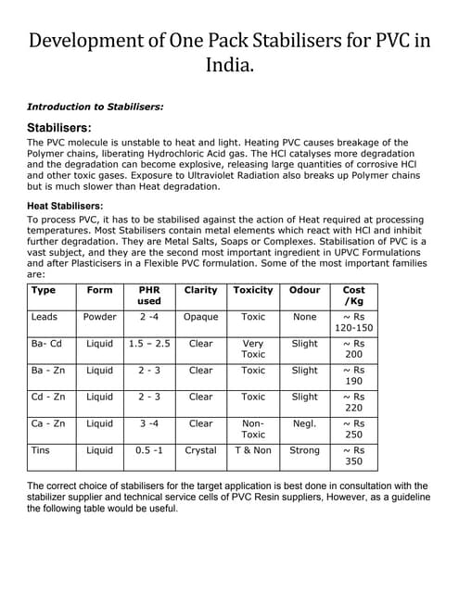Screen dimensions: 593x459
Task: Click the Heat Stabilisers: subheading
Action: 65,206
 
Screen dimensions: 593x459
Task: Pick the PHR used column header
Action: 148,296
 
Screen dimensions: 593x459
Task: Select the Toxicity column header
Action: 253,290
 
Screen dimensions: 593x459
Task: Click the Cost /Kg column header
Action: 353,296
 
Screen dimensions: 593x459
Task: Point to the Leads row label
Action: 45,317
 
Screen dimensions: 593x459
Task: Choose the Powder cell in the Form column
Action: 100,317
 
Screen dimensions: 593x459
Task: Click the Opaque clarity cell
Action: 201,317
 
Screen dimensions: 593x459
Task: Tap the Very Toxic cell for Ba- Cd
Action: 253,348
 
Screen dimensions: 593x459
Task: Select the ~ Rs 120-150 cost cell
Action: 353,322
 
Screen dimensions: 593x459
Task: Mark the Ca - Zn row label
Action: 48,423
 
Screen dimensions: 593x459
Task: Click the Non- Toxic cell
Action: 253,428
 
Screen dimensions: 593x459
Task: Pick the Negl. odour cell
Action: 304,423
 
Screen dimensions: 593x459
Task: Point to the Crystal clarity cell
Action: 201,450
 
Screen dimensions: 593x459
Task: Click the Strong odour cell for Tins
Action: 304,450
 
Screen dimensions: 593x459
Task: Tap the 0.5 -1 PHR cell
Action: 148,450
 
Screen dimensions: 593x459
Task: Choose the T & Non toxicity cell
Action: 253,450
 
